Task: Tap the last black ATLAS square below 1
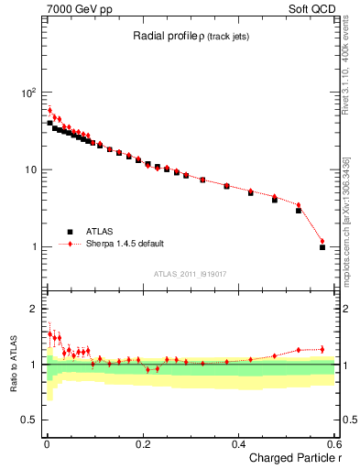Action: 322,246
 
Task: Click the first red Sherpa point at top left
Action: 49,110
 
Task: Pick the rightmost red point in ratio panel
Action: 322,349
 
